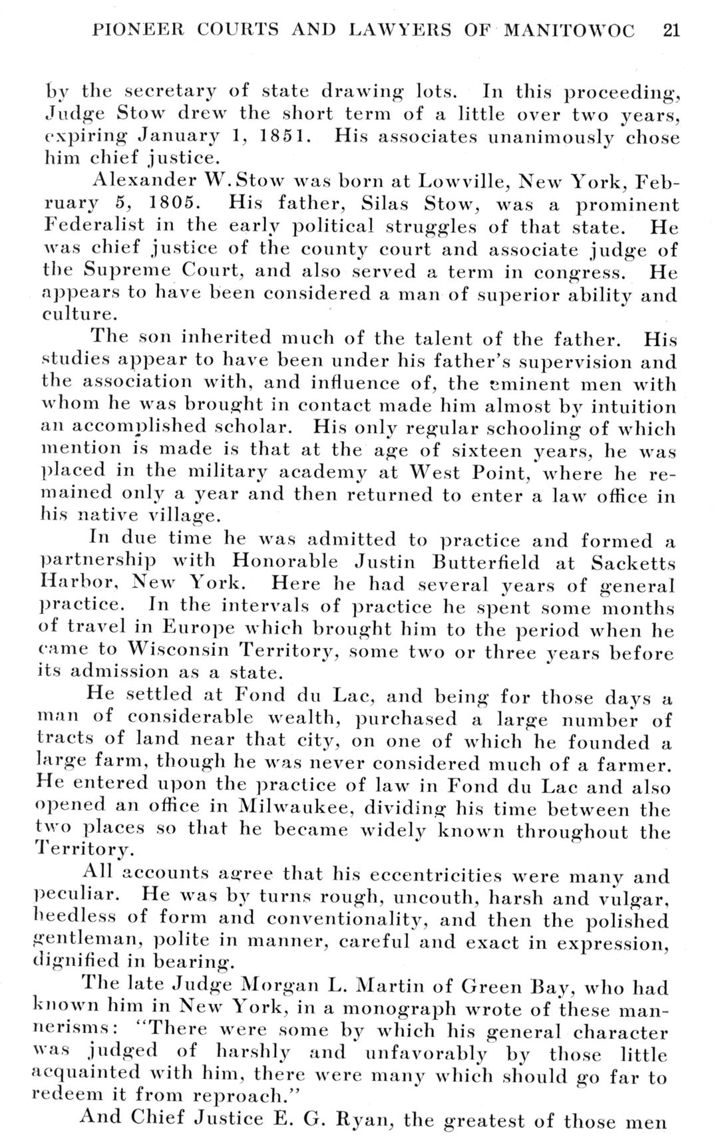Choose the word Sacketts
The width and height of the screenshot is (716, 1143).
(633, 562)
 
